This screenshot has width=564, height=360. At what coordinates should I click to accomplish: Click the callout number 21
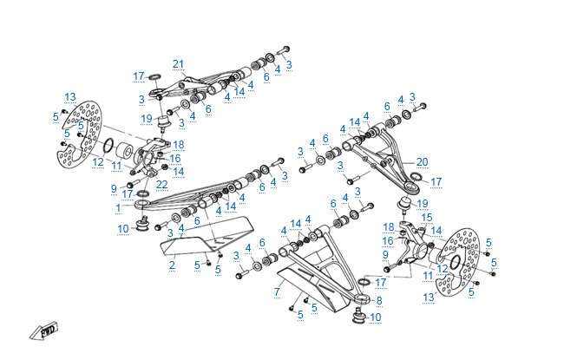(179, 63)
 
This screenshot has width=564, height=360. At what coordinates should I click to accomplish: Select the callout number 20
(422, 161)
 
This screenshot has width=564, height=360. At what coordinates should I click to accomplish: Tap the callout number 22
(161, 184)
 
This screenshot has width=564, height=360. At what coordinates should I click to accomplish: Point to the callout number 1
(117, 208)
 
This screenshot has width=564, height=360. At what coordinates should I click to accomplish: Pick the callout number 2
(172, 264)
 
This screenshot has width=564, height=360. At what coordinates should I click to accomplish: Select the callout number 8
(378, 300)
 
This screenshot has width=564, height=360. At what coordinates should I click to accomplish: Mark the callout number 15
(426, 217)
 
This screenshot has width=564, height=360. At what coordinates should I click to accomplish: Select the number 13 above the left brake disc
(69, 96)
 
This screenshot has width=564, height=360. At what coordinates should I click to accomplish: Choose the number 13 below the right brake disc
(428, 297)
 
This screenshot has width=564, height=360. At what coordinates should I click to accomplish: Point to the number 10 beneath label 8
(375, 317)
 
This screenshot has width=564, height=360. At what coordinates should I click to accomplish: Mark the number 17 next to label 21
(139, 75)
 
